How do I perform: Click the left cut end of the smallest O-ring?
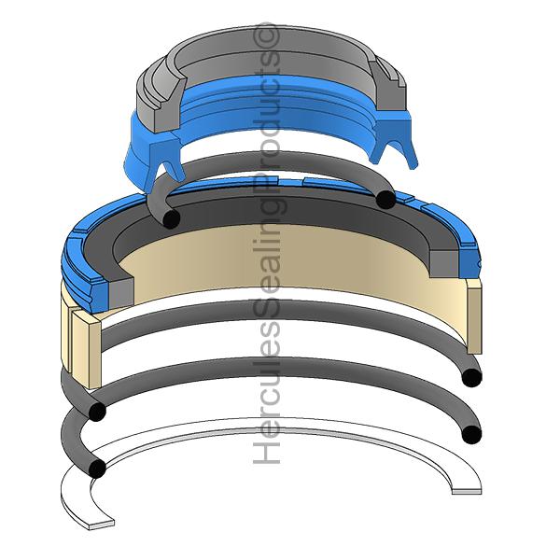tap(170, 218)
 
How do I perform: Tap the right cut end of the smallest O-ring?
tap(383, 198)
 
